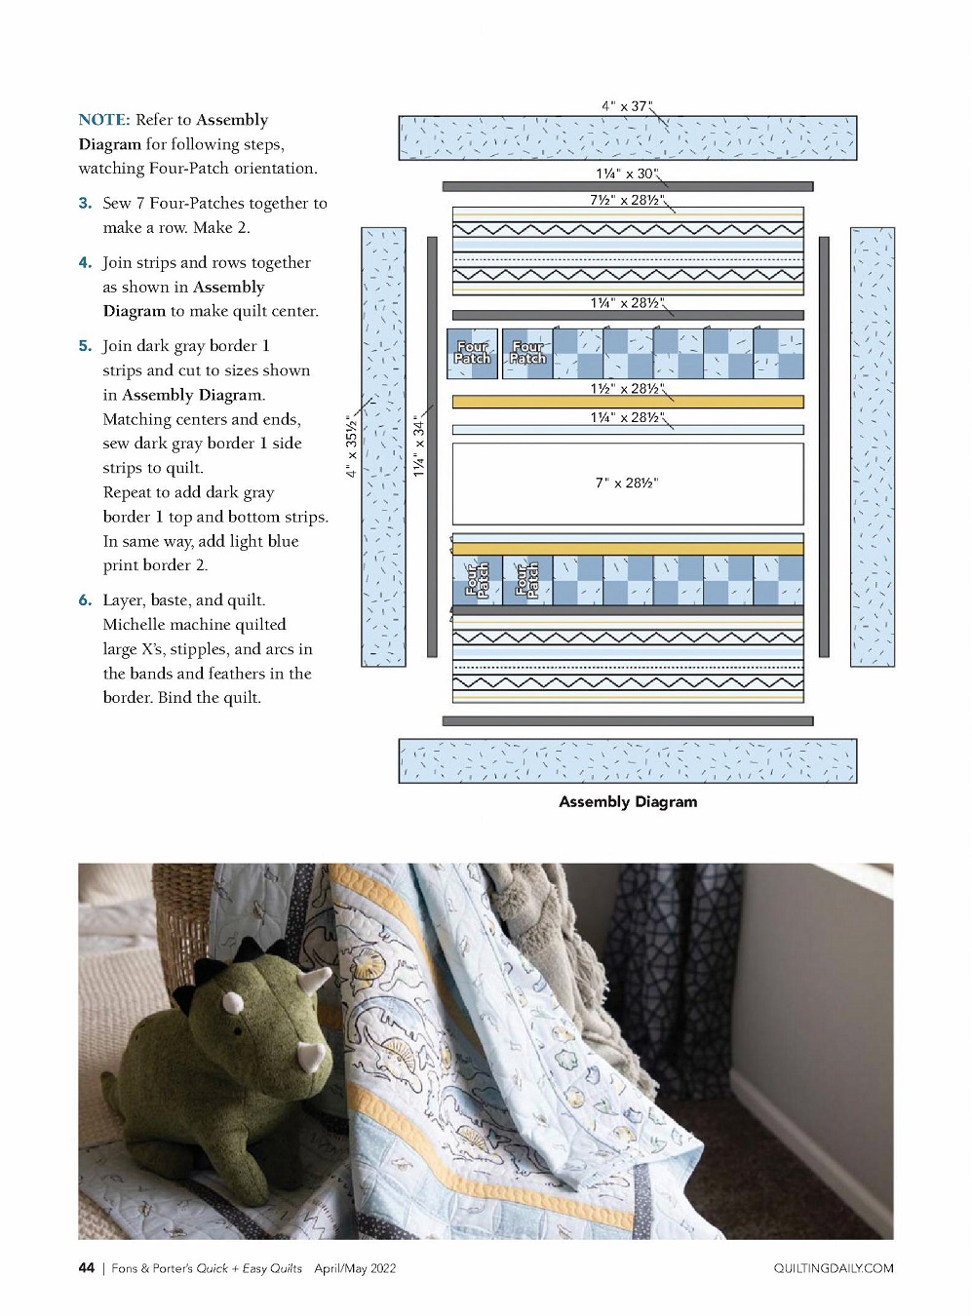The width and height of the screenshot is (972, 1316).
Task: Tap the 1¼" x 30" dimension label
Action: point(626,174)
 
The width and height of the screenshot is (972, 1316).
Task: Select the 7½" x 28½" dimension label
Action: point(625,200)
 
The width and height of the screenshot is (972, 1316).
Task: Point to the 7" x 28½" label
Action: point(627,483)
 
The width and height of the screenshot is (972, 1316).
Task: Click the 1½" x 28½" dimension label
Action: point(625,389)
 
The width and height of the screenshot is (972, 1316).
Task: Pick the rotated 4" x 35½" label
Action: point(351,445)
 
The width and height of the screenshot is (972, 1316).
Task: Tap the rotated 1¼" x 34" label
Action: point(419,446)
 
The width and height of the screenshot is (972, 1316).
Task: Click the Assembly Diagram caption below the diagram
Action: point(628,802)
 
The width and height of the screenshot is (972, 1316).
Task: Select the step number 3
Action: point(86,204)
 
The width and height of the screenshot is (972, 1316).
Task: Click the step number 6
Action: point(86,600)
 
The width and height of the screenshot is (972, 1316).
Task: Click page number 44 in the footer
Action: point(87,1268)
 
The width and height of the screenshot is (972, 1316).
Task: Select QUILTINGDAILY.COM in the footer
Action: point(834,1268)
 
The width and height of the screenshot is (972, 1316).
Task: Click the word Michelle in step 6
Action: point(136,625)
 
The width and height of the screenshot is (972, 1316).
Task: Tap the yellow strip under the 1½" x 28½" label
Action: point(628,402)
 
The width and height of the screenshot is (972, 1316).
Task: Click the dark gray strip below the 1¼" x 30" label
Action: point(628,186)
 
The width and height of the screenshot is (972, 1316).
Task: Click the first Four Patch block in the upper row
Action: point(473,353)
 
